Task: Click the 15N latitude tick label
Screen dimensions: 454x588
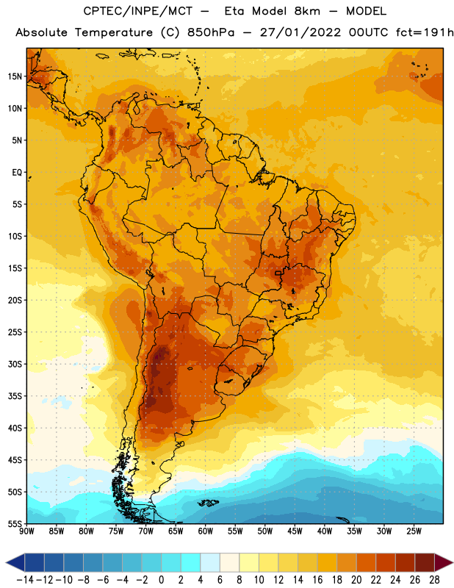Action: pos(15,76)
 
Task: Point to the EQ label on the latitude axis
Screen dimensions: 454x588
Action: pos(17,173)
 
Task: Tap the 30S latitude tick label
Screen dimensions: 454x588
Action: pos(15,364)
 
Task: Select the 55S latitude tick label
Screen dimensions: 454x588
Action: pos(15,523)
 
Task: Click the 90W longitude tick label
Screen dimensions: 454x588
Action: pos(26,531)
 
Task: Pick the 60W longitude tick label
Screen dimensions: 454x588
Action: pos(206,531)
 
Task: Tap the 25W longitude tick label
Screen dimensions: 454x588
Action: pos(414,531)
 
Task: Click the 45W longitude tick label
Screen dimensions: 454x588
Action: pos(295,531)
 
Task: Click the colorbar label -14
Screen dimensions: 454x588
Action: pos(25,580)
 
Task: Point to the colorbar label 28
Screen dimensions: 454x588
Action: pos(434,580)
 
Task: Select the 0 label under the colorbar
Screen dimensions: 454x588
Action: pos(161,580)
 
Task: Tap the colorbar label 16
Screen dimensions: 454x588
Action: pos(317,580)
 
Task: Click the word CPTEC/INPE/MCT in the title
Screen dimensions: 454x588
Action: pos(138,11)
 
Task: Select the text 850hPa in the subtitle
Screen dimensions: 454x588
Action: pos(211,32)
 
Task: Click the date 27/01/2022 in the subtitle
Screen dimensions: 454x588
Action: pos(300,32)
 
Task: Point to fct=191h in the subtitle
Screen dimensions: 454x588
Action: pos(425,32)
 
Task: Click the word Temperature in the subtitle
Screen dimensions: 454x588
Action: pos(114,33)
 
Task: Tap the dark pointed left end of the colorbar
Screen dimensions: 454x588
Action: pos(15,562)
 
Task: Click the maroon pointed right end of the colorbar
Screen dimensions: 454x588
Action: pos(444,562)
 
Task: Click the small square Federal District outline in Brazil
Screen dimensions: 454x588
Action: pos(278,273)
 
